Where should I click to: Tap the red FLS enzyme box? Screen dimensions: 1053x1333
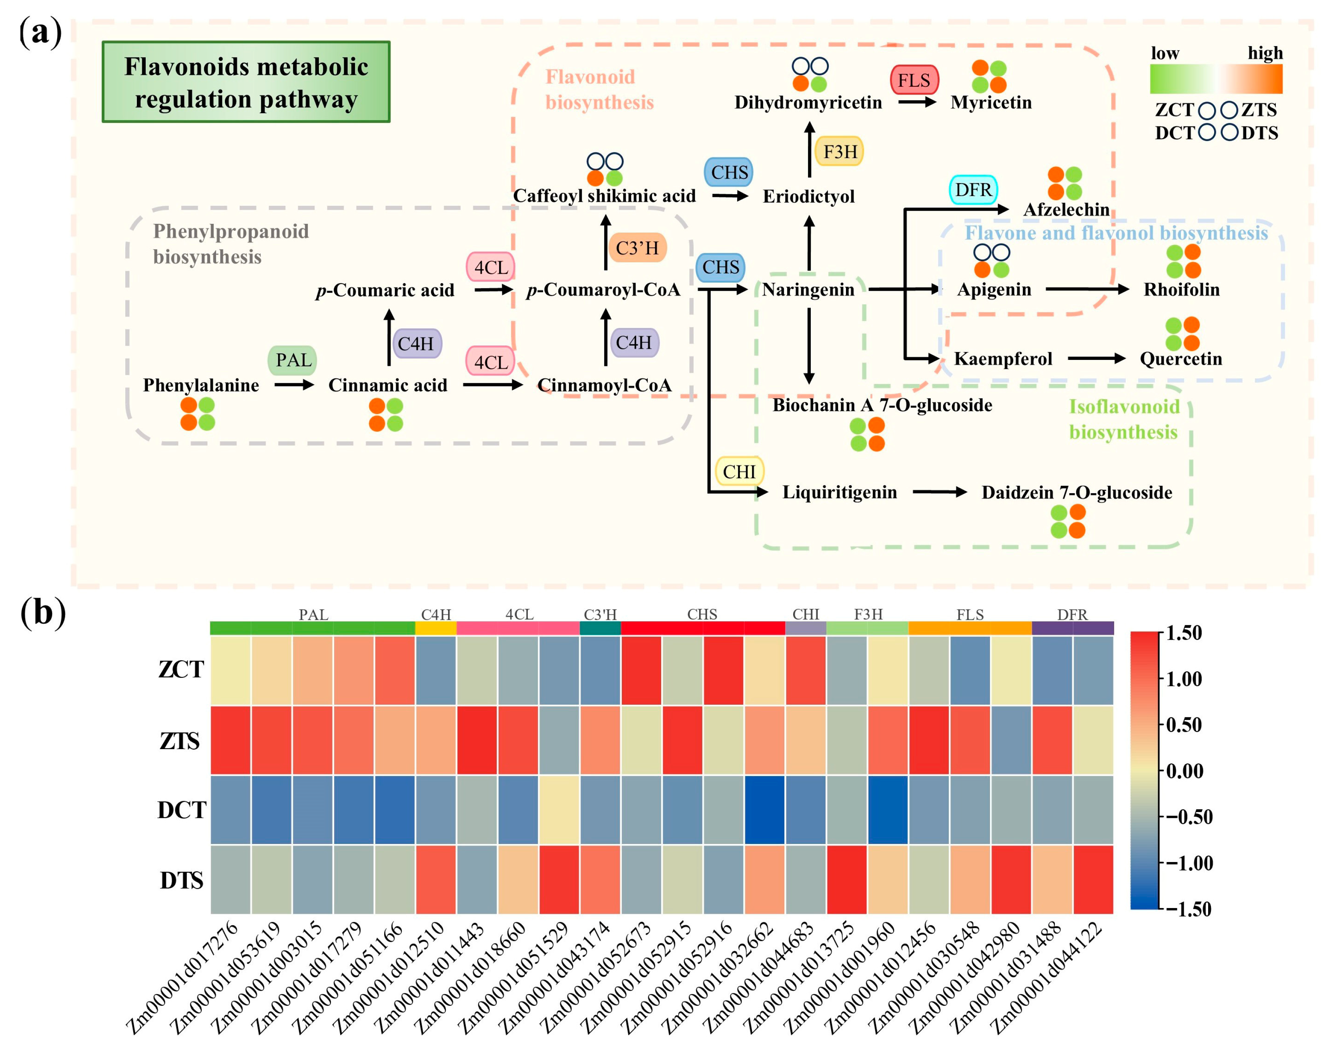point(914,80)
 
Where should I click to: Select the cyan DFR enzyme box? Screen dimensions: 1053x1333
point(973,190)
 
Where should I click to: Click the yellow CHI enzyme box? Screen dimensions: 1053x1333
point(739,472)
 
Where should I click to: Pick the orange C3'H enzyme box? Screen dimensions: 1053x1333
point(637,248)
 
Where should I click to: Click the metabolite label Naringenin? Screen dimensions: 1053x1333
point(808,290)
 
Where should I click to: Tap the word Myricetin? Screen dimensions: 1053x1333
point(990,102)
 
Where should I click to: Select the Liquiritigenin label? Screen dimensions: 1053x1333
point(839,492)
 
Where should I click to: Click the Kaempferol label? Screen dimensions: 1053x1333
point(1003,359)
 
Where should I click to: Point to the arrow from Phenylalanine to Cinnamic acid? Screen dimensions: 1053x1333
point(294,385)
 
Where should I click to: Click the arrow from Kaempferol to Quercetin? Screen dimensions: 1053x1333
point(1096,358)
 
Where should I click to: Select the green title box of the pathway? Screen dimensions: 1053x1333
point(246,82)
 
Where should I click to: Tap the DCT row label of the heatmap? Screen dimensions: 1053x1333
point(181,810)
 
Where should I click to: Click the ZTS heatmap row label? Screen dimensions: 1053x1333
point(180,740)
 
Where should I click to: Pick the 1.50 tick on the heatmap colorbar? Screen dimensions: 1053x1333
point(1184,633)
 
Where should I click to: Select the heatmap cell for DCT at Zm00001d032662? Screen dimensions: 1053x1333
point(764,810)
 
